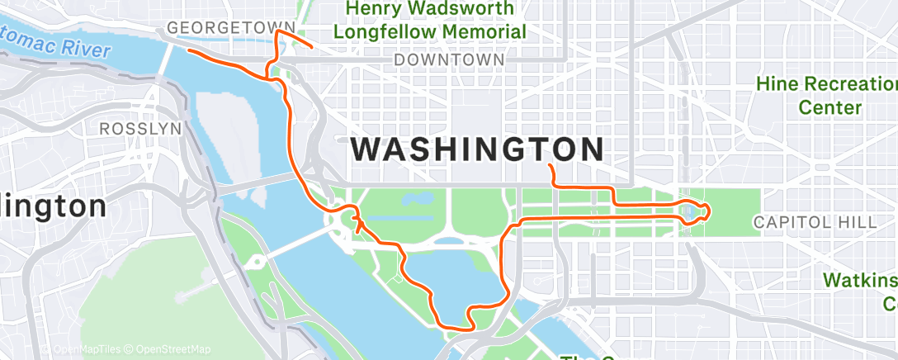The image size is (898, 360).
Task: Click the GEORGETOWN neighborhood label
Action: tap(219, 28)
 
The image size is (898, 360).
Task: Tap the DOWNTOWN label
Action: tap(449, 60)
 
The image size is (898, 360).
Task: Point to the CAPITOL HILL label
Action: tap(815, 222)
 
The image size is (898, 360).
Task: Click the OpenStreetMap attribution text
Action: tap(173, 349)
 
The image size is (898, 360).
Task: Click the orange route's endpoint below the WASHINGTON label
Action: tap(550, 167)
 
